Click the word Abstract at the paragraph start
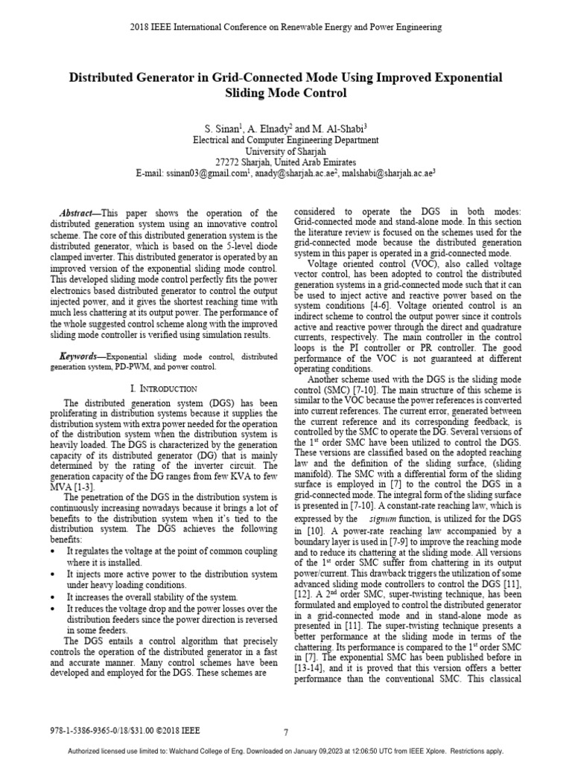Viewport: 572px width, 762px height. coord(78,213)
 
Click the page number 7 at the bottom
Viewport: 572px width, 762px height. coord(286,732)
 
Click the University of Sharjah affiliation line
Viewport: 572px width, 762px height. coord(286,150)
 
